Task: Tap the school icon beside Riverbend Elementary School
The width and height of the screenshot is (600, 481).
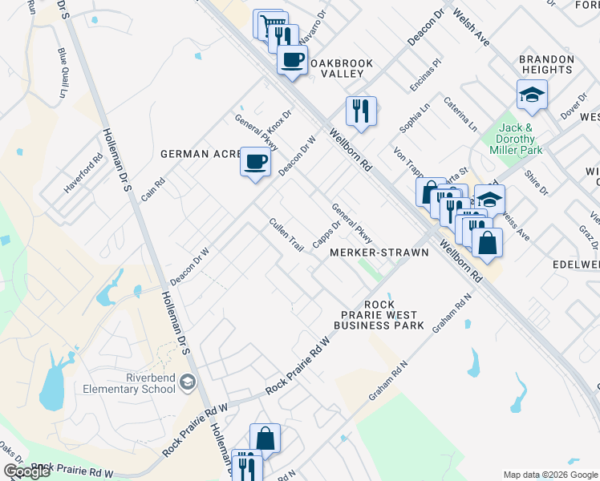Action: point(188,383)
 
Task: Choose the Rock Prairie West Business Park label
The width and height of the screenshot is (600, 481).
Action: point(378,315)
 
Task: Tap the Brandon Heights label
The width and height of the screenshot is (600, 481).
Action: point(545,64)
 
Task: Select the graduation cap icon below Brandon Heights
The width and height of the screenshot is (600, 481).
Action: point(530,95)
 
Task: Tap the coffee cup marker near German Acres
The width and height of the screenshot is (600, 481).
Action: point(256,163)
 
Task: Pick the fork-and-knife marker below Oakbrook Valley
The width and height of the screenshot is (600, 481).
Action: point(361,110)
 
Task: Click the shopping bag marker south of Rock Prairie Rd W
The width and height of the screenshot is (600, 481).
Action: point(265,439)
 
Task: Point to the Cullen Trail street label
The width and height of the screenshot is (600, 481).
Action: point(286,235)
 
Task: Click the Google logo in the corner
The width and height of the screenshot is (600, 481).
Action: point(26,471)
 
